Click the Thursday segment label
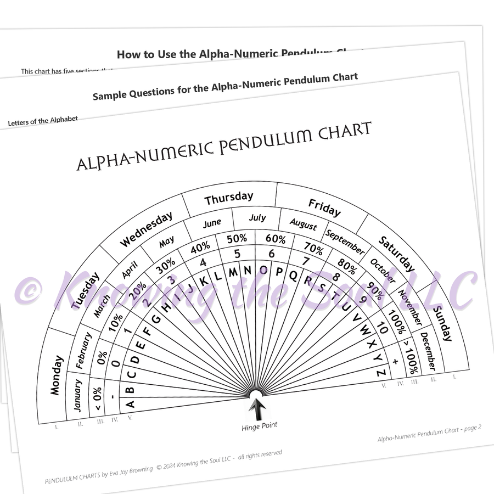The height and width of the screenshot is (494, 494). (x=229, y=198)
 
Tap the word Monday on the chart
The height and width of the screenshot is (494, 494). (x=57, y=375)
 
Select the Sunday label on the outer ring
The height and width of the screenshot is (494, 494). (x=443, y=323)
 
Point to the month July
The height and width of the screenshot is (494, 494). (x=257, y=218)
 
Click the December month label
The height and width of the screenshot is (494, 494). (x=428, y=351)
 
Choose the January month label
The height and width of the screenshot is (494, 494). (x=77, y=395)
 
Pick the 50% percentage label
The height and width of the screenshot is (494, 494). (x=237, y=239)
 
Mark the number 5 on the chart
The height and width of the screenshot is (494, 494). (x=237, y=254)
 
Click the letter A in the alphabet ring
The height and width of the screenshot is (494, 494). (x=130, y=404)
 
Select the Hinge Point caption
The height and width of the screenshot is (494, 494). (x=260, y=425)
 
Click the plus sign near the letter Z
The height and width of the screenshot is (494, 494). (x=395, y=361)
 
